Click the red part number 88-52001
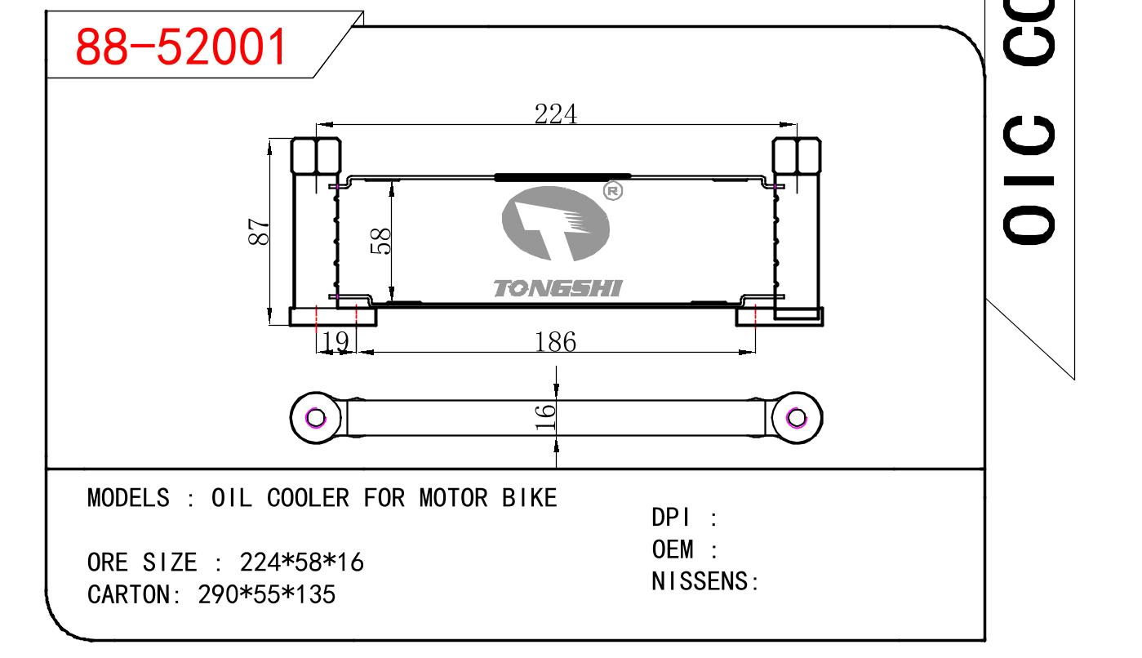pyautogui.click(x=181, y=46)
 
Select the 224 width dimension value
pyautogui.click(x=555, y=114)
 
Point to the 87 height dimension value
pyautogui.click(x=259, y=232)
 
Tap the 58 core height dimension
pyautogui.click(x=381, y=240)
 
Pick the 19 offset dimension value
pyautogui.click(x=335, y=342)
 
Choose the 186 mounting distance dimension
pyautogui.click(x=555, y=342)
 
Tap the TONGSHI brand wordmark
pyautogui.click(x=558, y=288)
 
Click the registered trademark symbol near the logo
pyautogui.click(x=613, y=191)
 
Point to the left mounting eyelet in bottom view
pyautogui.click(x=316, y=418)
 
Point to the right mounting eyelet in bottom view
pyautogui.click(x=797, y=418)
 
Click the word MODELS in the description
pyautogui.click(x=128, y=498)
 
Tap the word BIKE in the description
pyautogui.click(x=529, y=498)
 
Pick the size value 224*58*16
pyautogui.click(x=301, y=562)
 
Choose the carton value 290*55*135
pyautogui.click(x=266, y=594)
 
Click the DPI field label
pyautogui.click(x=670, y=518)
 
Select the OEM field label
pyautogui.click(x=672, y=549)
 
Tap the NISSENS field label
pyautogui.click(x=700, y=581)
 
